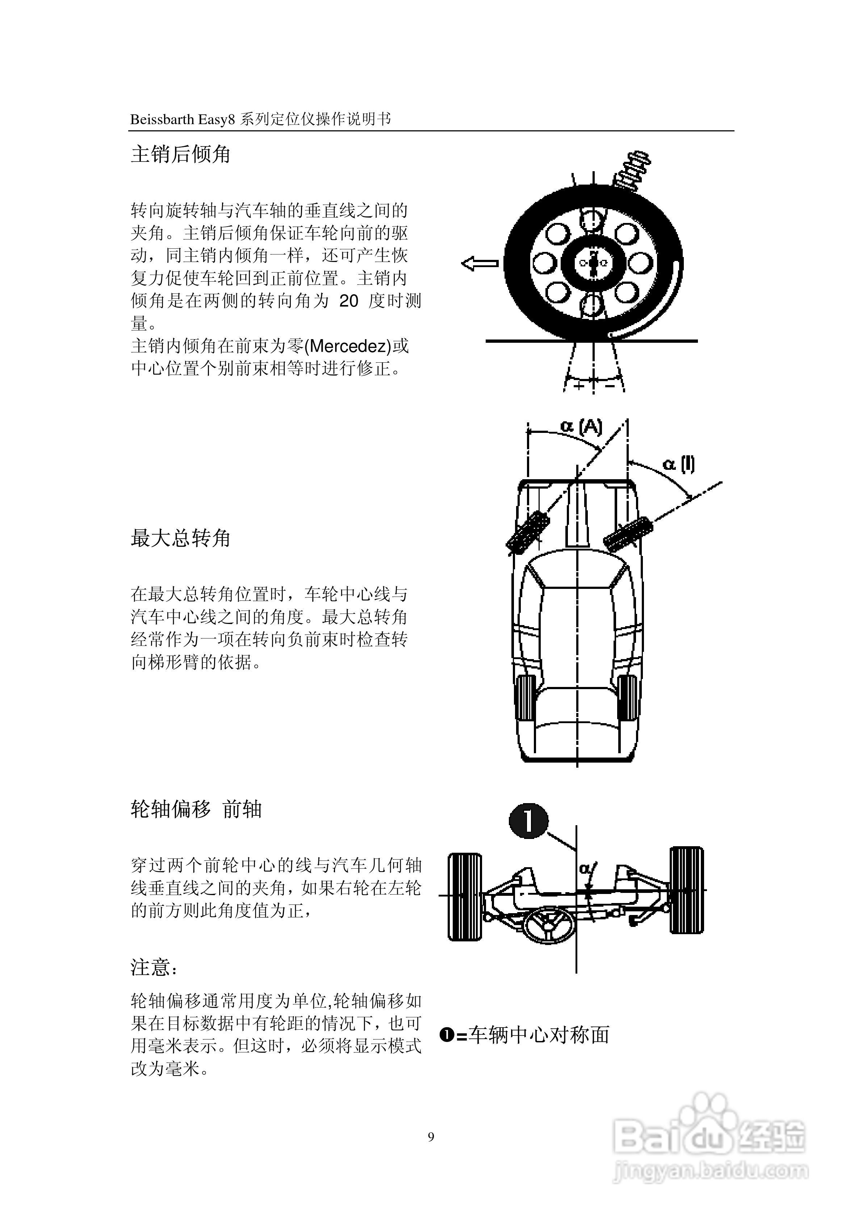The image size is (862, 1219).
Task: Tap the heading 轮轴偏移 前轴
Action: [x=196, y=809]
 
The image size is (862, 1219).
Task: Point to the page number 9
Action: [x=431, y=1137]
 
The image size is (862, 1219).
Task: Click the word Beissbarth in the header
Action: [x=163, y=119]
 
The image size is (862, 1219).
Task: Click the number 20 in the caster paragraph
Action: [x=349, y=301]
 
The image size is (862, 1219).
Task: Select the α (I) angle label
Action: [x=679, y=464]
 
